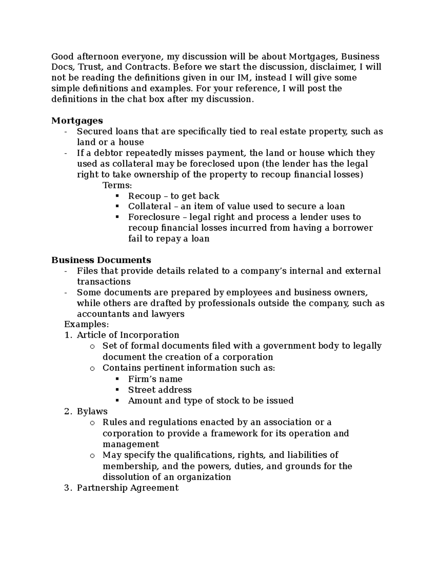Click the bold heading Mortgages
pyautogui.click(x=77, y=121)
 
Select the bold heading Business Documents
pyautogui.click(x=101, y=260)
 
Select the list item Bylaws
pyautogui.click(x=92, y=411)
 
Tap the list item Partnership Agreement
pyautogui.click(x=128, y=488)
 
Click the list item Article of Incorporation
pyautogui.click(x=128, y=335)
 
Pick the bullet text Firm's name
pyautogui.click(x=155, y=379)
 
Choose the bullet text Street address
pyautogui.click(x=160, y=390)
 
